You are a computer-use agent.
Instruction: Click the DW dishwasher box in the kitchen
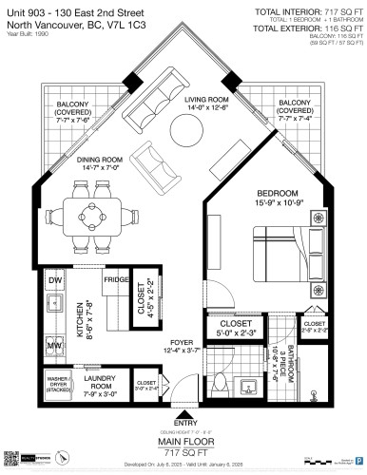coord(55,282)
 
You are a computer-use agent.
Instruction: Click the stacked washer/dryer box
coord(60,385)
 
